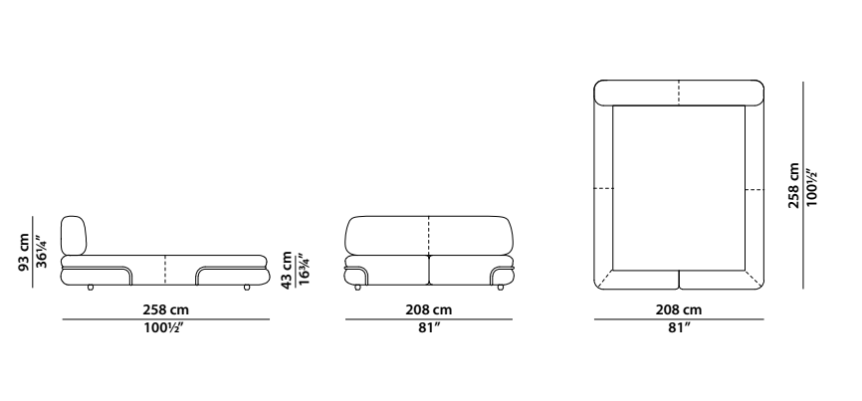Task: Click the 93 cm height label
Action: tap(24, 252)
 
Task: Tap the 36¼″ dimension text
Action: tap(42, 252)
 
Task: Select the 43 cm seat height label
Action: tap(287, 271)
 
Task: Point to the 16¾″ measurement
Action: tap(304, 269)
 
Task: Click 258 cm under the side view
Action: tap(165, 310)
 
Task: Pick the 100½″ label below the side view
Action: tap(165, 328)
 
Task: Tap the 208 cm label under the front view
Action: tap(429, 310)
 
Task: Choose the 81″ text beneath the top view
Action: tap(679, 328)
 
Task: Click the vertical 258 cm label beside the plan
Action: tap(794, 185)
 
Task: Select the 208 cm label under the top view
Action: tap(679, 310)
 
